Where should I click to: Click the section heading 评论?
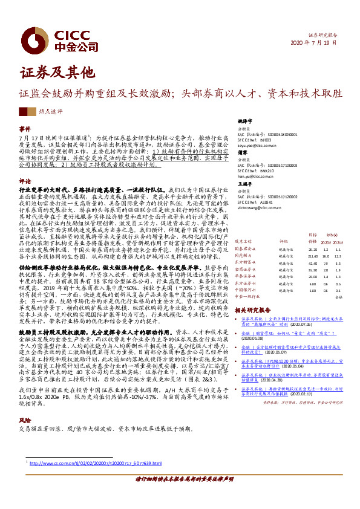click(x=24, y=181)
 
